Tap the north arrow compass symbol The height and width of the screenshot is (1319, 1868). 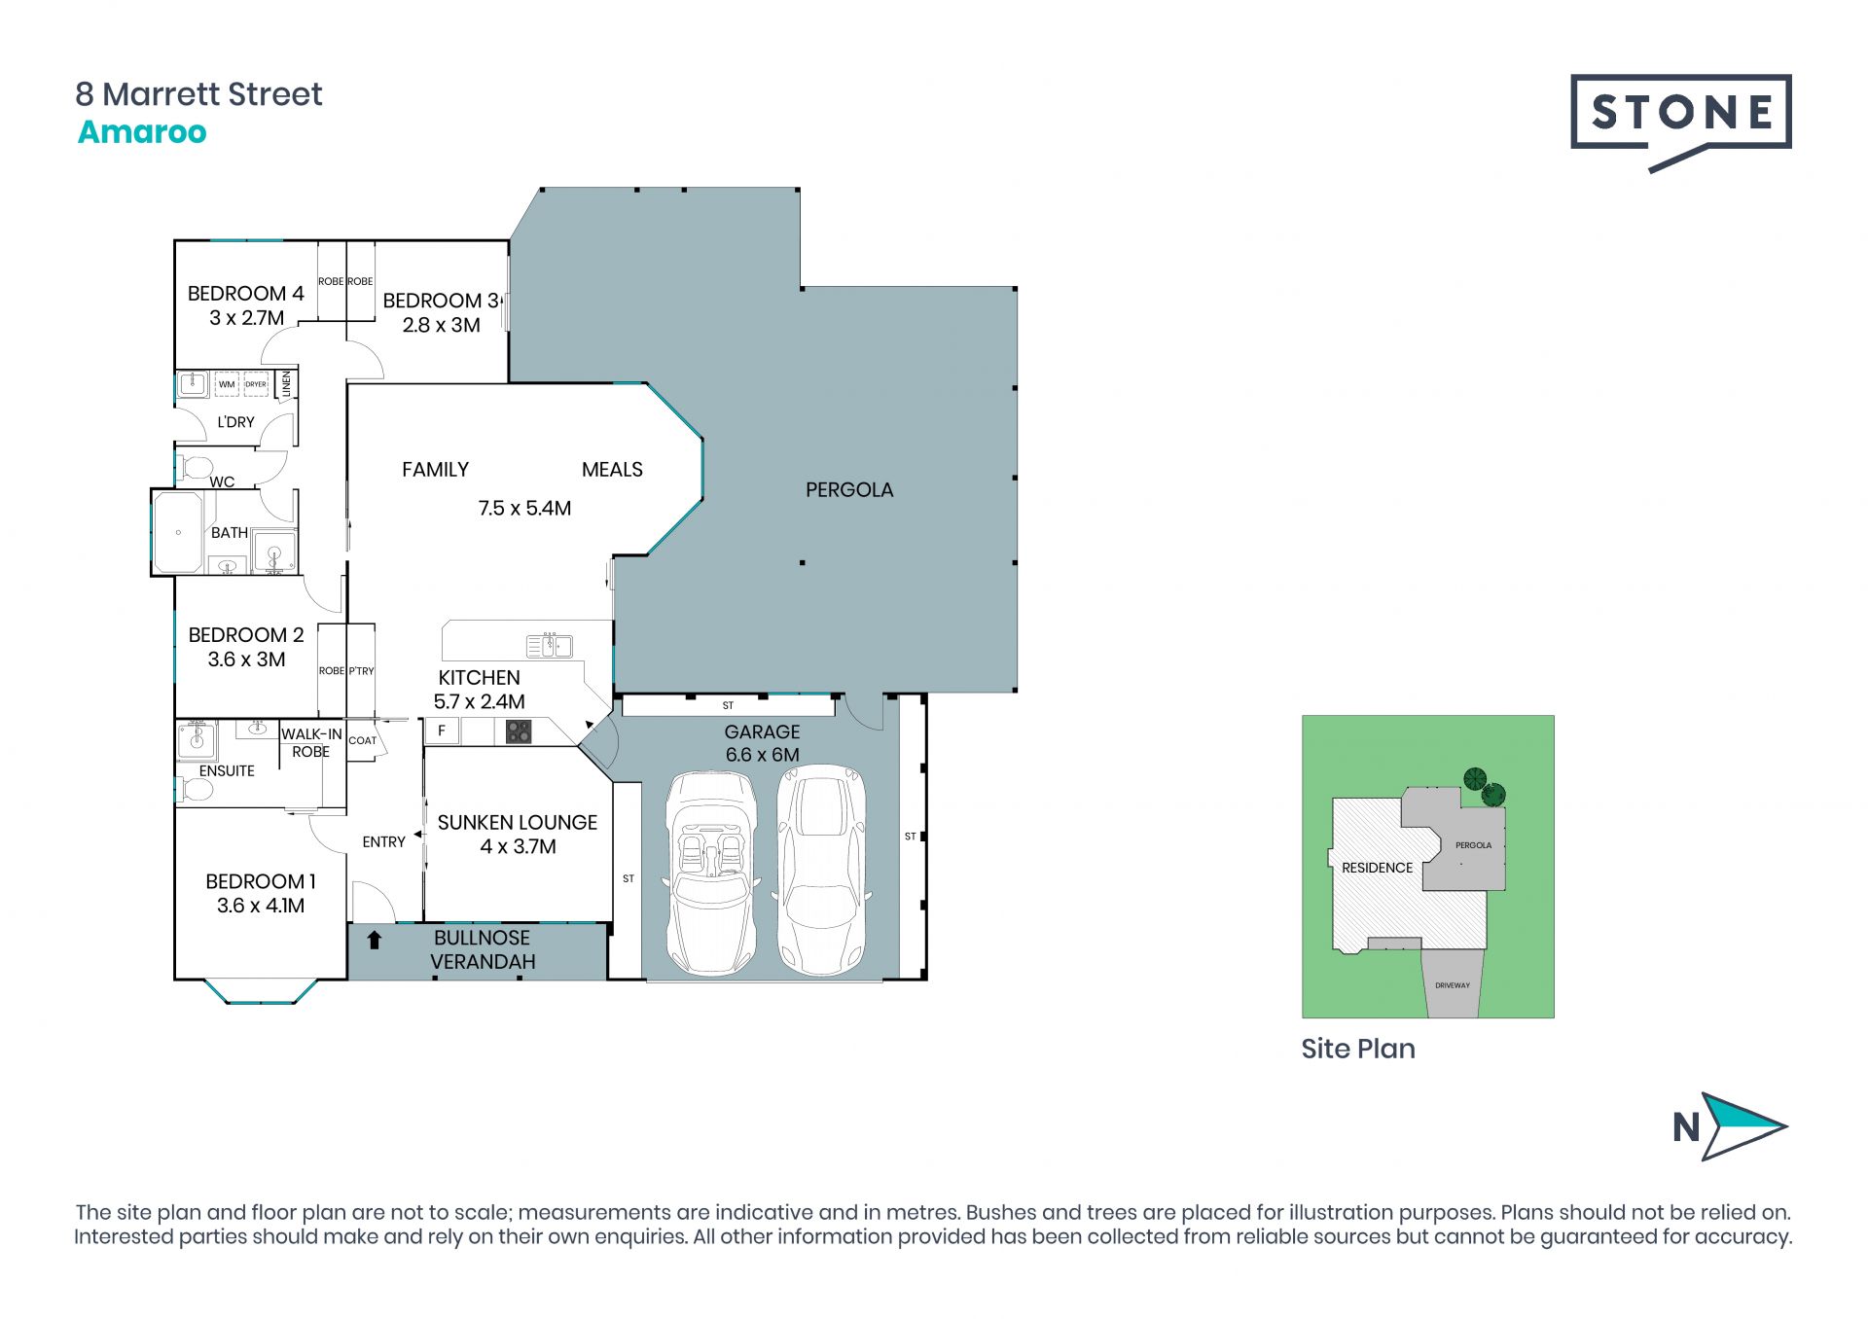1731,1126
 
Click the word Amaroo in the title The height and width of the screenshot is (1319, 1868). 142,131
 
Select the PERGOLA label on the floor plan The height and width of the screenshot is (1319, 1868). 849,489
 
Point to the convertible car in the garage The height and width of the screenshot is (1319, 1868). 712,873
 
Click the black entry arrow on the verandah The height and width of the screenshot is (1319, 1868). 375,940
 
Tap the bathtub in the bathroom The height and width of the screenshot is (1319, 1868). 178,532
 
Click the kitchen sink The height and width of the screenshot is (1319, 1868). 550,645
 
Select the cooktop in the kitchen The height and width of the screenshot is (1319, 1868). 519,731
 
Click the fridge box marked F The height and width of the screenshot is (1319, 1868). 442,731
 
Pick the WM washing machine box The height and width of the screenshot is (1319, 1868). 227,384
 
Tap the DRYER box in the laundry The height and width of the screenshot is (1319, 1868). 256,384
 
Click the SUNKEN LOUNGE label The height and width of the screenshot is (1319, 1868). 518,822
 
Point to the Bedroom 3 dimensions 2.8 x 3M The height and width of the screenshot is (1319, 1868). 442,325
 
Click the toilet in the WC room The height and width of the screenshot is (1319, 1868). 195,467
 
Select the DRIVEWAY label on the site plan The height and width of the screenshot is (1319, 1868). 1453,985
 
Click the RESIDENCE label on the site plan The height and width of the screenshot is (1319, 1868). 1377,868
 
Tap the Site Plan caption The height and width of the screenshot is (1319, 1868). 1358,1049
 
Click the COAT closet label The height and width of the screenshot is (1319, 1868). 362,740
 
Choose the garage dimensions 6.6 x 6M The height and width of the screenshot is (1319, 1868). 763,755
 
